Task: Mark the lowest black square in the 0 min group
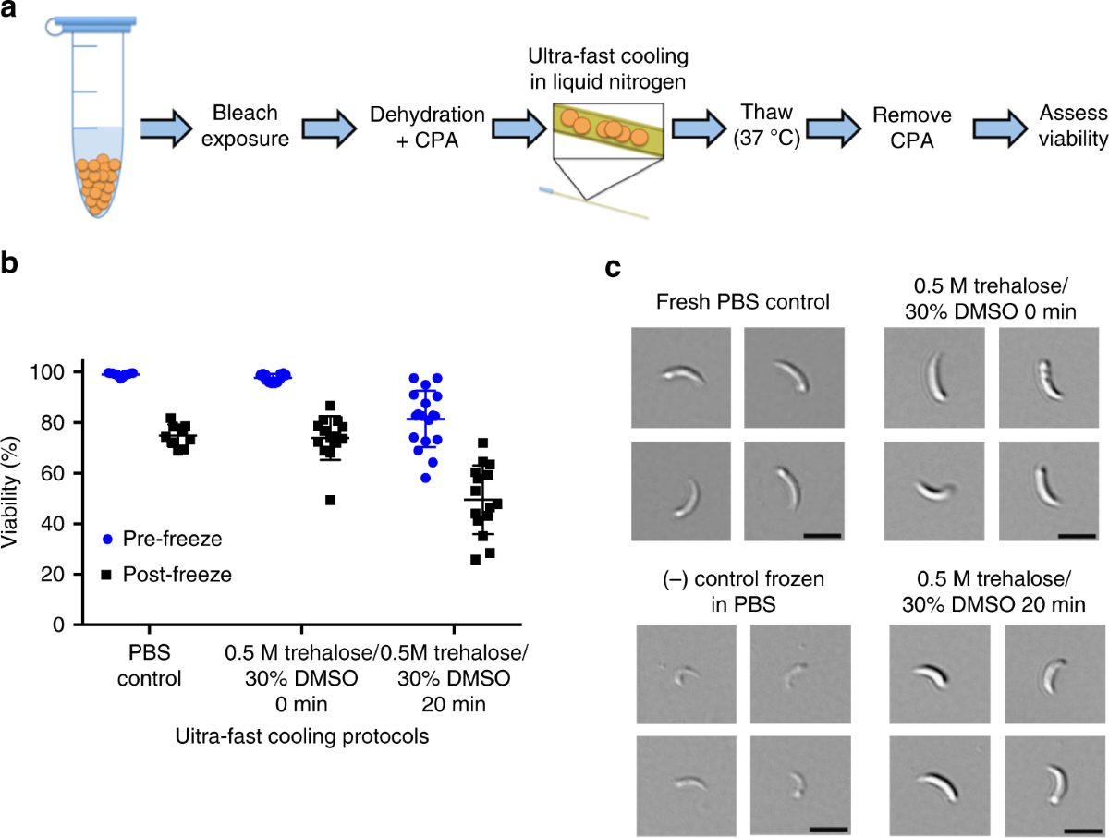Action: [x=329, y=500]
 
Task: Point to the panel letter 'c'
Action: [x=612, y=268]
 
